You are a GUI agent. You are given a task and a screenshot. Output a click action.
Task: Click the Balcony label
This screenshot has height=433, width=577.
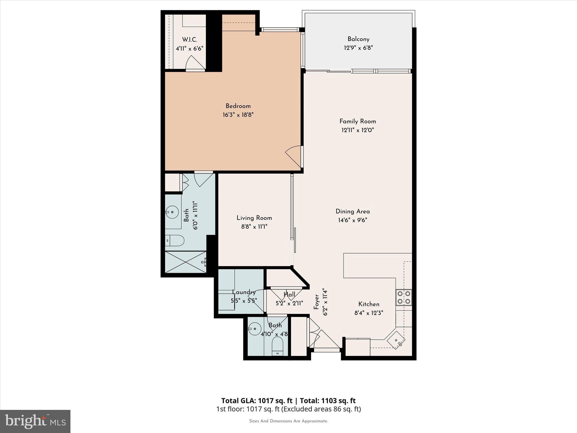pyautogui.click(x=358, y=39)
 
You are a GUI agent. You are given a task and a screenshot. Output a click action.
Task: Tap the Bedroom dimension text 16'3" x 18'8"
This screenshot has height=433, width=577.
pyautogui.click(x=238, y=115)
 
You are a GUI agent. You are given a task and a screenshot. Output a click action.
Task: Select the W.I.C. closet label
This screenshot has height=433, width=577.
pyautogui.click(x=189, y=40)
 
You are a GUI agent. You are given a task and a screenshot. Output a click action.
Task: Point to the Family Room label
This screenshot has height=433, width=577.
pyautogui.click(x=358, y=121)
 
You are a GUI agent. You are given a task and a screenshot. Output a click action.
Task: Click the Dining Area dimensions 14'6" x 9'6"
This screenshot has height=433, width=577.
pyautogui.click(x=352, y=220)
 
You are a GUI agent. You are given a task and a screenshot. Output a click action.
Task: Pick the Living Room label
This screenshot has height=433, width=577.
pyautogui.click(x=254, y=218)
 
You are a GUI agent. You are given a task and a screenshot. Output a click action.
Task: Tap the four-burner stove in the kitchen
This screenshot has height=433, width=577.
pyautogui.click(x=403, y=297)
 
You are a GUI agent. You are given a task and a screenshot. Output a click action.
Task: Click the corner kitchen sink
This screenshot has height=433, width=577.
pyautogui.click(x=396, y=340)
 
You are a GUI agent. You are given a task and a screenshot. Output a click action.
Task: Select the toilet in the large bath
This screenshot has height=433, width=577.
pyautogui.click(x=175, y=240)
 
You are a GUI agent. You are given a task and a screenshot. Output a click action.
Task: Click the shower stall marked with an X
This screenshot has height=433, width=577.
pyautogui.click(x=186, y=262)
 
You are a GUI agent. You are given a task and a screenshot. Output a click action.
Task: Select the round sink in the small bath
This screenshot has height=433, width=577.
pyautogui.click(x=255, y=329)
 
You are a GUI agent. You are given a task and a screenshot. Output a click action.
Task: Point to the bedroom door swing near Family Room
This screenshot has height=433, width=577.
pyautogui.click(x=294, y=156)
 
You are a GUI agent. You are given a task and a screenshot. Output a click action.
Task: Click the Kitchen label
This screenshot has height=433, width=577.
pyautogui.click(x=369, y=304)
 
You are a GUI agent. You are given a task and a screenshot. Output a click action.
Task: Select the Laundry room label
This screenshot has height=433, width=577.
pyautogui.click(x=244, y=292)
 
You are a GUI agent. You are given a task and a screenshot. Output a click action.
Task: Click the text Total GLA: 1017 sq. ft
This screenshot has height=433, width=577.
pyautogui.click(x=257, y=401)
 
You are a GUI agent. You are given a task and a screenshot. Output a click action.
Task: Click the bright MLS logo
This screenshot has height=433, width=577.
pyautogui.click(x=35, y=421)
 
